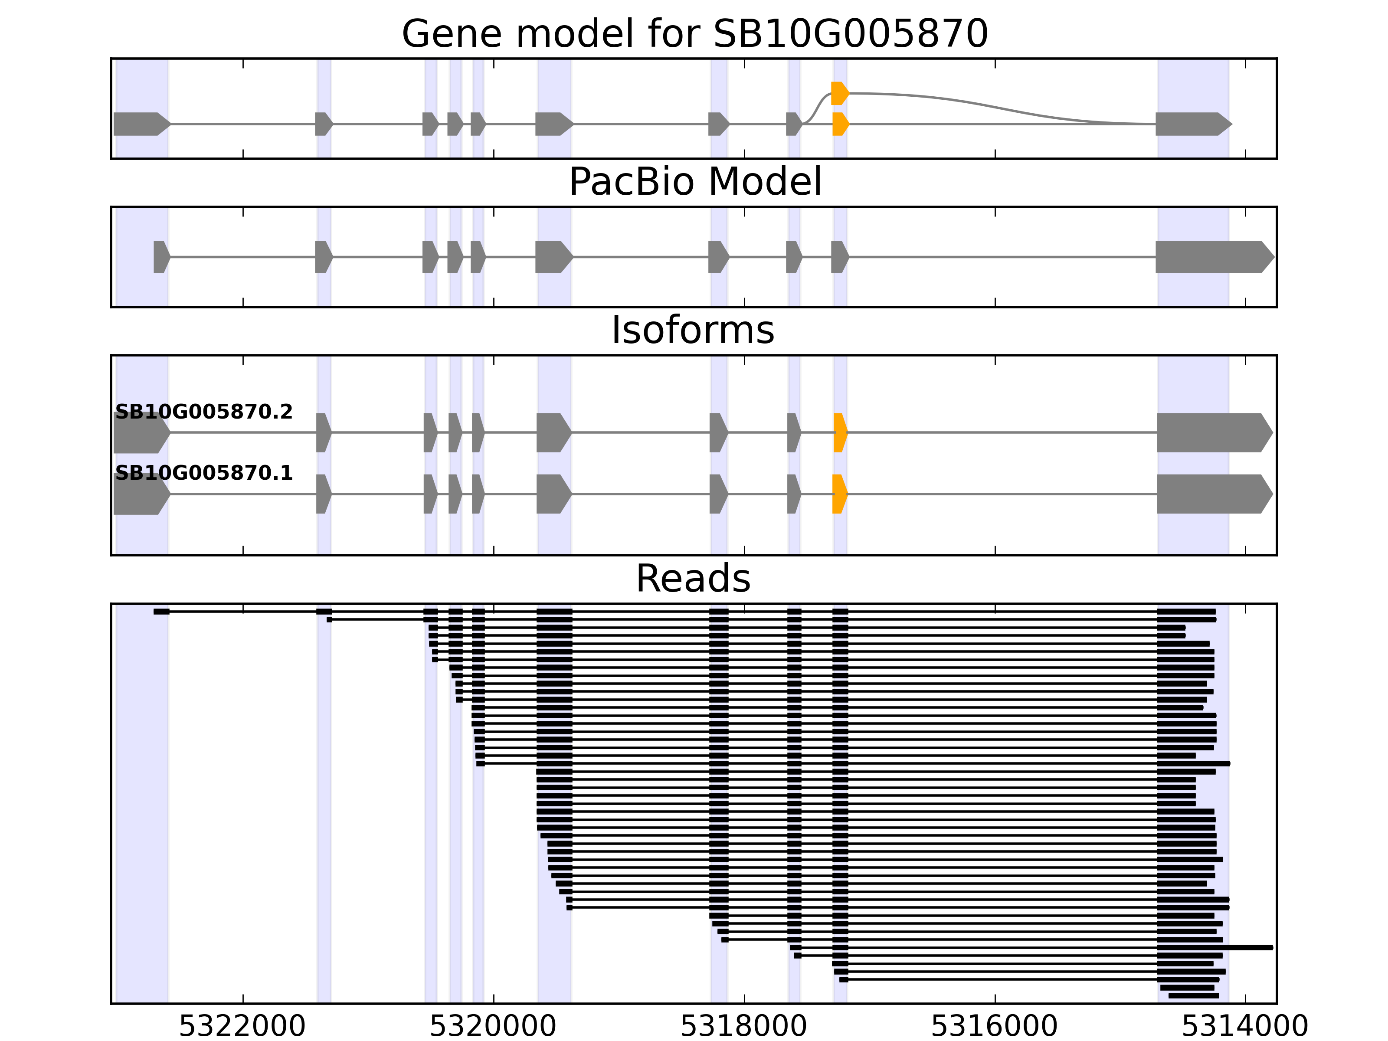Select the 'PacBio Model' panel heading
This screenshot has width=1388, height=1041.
tap(694, 182)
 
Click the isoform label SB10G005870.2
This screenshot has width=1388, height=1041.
tap(204, 412)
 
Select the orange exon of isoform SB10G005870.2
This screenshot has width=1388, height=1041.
tap(840, 432)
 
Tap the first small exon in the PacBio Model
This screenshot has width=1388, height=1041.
tap(160, 257)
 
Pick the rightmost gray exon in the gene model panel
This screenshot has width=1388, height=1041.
tap(1192, 124)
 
